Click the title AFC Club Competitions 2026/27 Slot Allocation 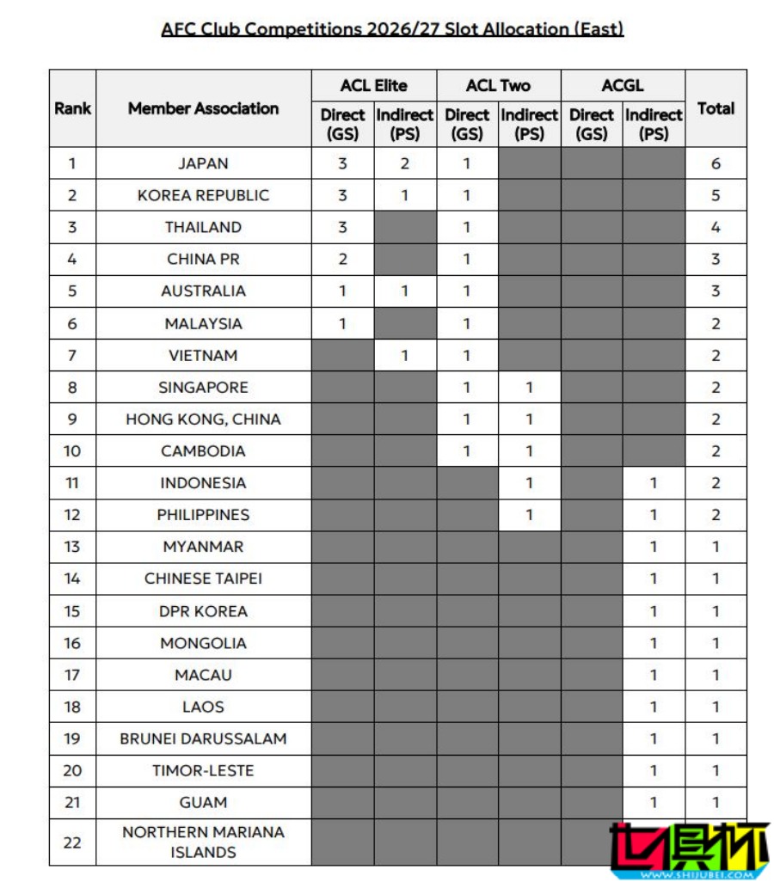(392, 28)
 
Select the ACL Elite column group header (373, 85)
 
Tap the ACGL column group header (623, 85)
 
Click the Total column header (716, 108)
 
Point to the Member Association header (203, 108)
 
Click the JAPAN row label (203, 163)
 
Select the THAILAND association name (203, 227)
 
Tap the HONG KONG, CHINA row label (203, 420)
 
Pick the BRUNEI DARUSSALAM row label (203, 738)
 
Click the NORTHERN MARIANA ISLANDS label (203, 842)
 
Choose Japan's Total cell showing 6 (716, 163)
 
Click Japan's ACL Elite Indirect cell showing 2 (405, 163)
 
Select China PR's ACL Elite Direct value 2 (342, 259)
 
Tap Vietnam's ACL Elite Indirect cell (405, 355)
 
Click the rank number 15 (72, 611)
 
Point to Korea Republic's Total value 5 (716, 195)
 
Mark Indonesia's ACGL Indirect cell (654, 483)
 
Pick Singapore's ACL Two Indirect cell (529, 388)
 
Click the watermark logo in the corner (688, 851)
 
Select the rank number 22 (72, 842)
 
